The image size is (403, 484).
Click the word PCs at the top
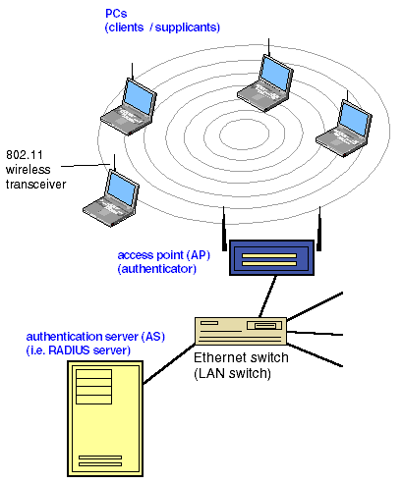116,14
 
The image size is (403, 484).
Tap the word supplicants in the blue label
186,27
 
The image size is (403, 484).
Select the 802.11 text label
25,154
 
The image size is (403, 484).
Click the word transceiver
35,184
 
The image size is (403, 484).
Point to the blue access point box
271,258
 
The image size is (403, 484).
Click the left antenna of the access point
224,229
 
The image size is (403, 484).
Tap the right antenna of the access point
319,229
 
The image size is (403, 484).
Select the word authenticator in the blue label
157,269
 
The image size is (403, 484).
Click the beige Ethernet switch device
241,331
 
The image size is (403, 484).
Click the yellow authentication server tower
105,418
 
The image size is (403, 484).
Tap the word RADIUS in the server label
69,350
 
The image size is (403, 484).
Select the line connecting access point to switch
267,296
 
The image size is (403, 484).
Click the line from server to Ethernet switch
169,363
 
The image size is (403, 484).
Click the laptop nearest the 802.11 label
111,198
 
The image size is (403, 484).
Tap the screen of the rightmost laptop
354,119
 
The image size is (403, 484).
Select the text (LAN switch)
232,373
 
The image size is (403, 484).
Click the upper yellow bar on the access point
269,256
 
